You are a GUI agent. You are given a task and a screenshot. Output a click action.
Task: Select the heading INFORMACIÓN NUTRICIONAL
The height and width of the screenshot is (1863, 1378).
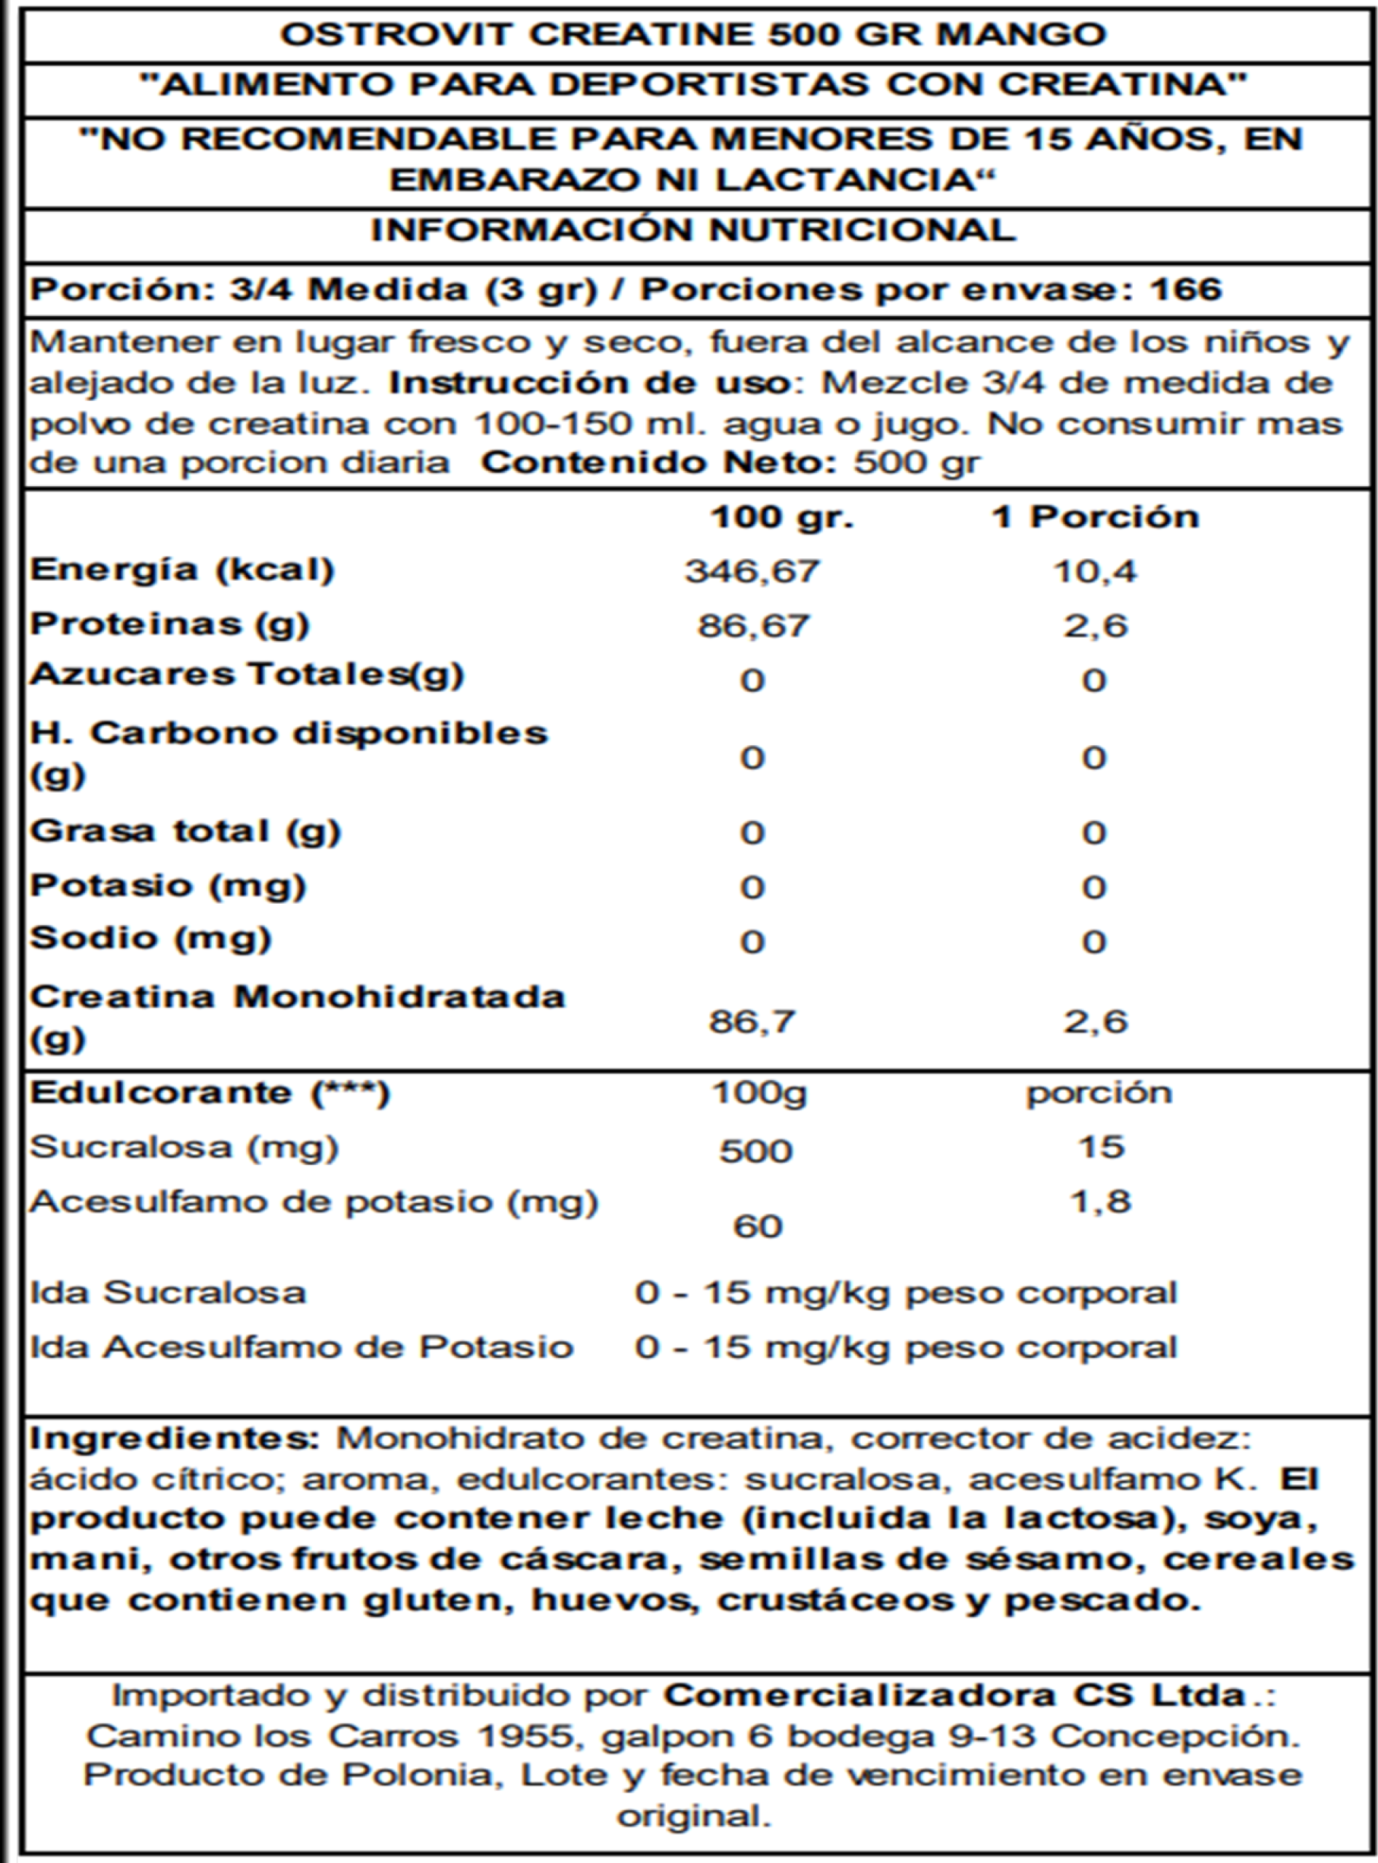click(x=693, y=230)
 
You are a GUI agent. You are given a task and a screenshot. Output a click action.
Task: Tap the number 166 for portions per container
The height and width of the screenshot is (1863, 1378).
click(x=1185, y=290)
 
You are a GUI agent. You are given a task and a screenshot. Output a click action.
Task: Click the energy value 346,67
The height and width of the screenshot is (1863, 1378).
click(x=752, y=571)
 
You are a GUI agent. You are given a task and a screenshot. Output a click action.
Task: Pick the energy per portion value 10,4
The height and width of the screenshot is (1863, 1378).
click(x=1094, y=571)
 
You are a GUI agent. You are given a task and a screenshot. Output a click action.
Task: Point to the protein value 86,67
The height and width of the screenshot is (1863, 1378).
click(x=752, y=626)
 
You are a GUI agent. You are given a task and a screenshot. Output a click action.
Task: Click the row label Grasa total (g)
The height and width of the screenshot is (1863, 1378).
click(x=186, y=831)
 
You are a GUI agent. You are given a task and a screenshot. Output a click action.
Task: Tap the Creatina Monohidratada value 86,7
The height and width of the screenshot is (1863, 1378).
click(x=752, y=1021)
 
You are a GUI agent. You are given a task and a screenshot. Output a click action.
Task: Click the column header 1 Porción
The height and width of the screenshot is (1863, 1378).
click(x=1094, y=517)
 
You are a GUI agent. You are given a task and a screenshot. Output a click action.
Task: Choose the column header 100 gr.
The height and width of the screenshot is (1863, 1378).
click(x=781, y=517)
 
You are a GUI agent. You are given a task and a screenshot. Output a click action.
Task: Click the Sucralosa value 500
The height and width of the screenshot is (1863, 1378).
click(x=756, y=1151)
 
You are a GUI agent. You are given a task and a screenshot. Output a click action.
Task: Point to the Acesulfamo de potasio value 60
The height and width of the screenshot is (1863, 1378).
click(x=757, y=1226)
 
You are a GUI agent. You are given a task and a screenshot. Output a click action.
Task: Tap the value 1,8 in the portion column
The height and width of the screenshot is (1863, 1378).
click(x=1101, y=1201)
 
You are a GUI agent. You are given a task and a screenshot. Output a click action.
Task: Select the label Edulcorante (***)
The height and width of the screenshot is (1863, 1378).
click(x=210, y=1093)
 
